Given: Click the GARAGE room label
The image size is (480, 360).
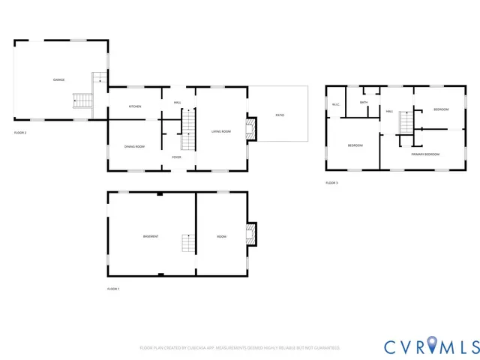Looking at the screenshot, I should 58,79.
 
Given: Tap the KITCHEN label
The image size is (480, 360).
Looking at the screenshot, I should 135,106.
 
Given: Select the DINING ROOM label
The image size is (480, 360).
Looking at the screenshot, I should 134,146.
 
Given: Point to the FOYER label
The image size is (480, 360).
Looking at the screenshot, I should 176,157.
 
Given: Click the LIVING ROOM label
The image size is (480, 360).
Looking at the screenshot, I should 220,131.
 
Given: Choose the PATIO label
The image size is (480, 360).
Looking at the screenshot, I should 280,115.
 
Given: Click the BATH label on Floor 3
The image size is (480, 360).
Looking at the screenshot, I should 364,103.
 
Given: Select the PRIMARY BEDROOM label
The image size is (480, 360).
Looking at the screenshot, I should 425,154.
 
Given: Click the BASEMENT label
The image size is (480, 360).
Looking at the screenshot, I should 151,236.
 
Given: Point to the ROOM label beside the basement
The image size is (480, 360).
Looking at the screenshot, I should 222,236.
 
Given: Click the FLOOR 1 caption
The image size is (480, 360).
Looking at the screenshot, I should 113,289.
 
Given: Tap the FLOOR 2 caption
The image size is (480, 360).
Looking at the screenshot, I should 20,133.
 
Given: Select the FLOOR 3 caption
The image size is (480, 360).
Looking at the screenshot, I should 331,183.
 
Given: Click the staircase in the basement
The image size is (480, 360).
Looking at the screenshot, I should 187,243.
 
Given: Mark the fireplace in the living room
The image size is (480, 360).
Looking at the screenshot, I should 251,128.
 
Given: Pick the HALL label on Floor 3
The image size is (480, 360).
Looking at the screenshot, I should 390,111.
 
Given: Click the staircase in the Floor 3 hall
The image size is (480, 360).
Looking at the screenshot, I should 406,122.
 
